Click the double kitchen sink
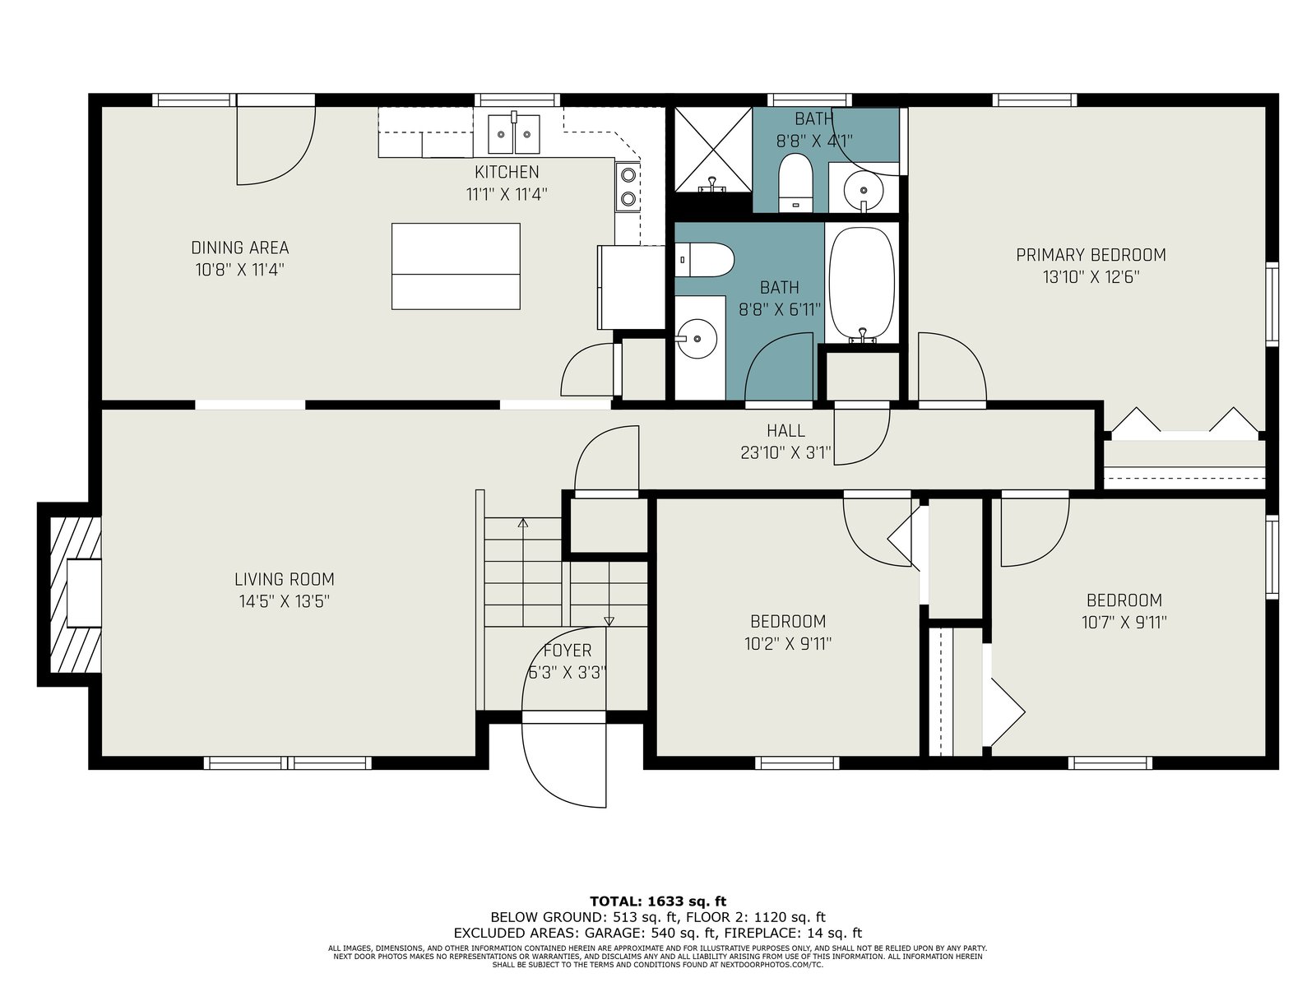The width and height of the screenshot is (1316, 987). [513, 133]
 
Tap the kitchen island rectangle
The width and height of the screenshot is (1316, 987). [456, 266]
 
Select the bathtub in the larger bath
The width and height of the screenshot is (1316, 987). [861, 284]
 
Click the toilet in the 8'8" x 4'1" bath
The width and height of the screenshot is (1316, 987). [795, 182]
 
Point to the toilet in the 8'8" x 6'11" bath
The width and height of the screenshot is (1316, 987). [704, 259]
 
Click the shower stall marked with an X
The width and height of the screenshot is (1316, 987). [713, 149]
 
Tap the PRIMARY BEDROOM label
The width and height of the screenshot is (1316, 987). [1091, 255]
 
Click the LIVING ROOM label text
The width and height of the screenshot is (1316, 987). [285, 580]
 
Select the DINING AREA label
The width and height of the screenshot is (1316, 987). [240, 248]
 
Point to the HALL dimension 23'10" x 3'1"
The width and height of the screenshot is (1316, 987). [785, 452]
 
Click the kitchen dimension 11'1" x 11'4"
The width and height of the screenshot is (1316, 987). [507, 194]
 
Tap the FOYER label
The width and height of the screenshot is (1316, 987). [568, 651]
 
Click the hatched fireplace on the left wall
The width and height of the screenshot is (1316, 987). [75, 594]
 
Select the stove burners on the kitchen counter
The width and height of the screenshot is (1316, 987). [628, 187]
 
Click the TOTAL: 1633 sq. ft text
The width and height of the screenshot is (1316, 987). [658, 901]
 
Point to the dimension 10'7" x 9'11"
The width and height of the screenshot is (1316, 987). [1124, 623]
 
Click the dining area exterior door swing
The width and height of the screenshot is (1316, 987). [276, 146]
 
